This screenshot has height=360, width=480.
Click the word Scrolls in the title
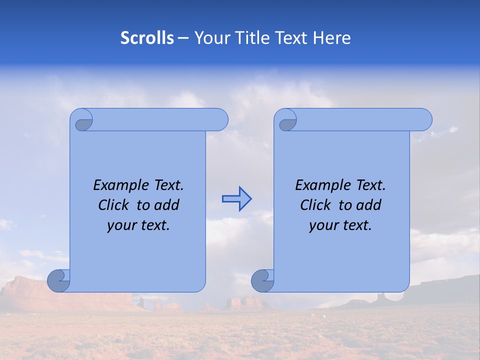pyautogui.click(x=147, y=38)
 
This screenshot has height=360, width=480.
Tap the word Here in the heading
pyautogui.click(x=332, y=38)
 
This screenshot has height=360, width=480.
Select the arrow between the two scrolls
pyautogui.click(x=237, y=199)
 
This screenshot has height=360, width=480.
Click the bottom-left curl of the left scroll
pyautogui.click(x=58, y=280)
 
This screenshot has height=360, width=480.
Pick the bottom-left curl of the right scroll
pyautogui.click(x=262, y=280)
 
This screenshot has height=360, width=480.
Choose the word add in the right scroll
pyautogui.click(x=369, y=205)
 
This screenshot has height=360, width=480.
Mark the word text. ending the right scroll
pyautogui.click(x=357, y=225)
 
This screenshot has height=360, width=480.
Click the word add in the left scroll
pyautogui.click(x=167, y=205)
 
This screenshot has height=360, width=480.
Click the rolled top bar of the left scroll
pyautogui.click(x=155, y=119)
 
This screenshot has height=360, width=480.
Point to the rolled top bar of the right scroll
pyautogui.click(x=360, y=119)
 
